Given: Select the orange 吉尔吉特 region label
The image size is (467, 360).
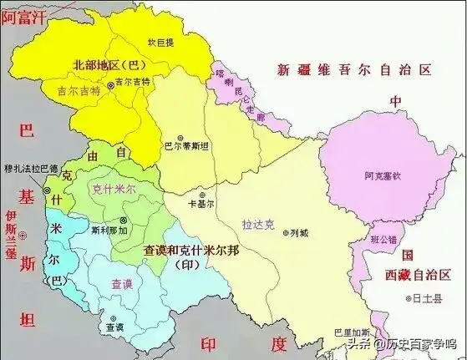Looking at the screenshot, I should (x=79, y=87).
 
